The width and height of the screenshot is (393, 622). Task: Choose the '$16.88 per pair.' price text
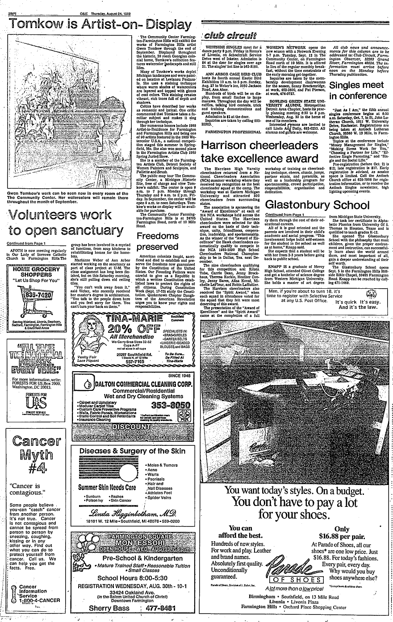[x=342, y=535]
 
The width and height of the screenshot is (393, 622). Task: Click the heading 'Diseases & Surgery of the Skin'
[x=132, y=451]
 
